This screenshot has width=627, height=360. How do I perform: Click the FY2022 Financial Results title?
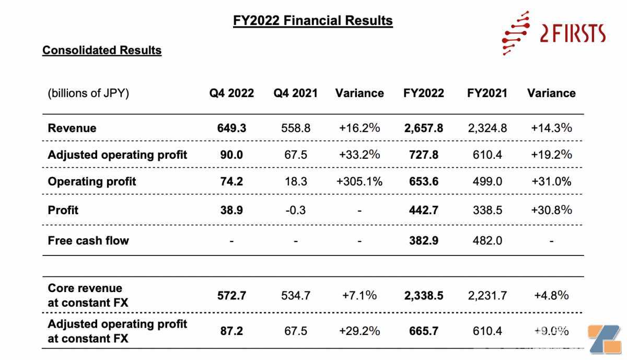click(313, 20)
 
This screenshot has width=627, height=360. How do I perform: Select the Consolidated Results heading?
click(102, 50)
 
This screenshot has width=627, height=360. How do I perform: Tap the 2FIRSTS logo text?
click(573, 33)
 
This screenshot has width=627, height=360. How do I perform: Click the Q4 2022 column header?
click(231, 93)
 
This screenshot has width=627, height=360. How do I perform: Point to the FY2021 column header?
click(487, 93)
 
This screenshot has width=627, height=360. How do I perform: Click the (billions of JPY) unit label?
click(88, 94)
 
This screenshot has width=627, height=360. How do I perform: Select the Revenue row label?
click(72, 128)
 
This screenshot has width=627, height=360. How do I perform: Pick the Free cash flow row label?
click(88, 240)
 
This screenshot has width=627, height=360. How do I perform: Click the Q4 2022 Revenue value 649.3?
click(232, 128)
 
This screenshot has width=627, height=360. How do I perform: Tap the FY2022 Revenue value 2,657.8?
click(424, 128)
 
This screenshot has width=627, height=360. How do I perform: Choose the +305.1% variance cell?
click(359, 181)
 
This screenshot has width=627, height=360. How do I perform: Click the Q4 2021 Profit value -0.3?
click(296, 210)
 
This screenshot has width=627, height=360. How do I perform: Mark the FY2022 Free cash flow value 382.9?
click(424, 240)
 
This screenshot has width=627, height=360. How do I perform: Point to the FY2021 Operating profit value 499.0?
click(487, 181)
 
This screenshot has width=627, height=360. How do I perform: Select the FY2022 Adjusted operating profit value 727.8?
click(424, 155)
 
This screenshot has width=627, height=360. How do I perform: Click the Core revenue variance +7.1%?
click(359, 295)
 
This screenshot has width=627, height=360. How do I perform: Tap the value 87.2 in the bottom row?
click(231, 331)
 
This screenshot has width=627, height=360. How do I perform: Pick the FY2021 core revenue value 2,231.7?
click(487, 296)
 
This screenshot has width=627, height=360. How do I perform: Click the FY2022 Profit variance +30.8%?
click(551, 210)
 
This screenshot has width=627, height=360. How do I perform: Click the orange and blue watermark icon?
click(605, 339)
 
